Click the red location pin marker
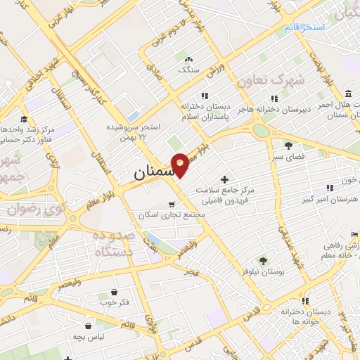click(x=180, y=164)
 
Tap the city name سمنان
click(x=151, y=172)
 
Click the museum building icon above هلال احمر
click(x=349, y=94)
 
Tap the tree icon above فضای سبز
click(x=289, y=146)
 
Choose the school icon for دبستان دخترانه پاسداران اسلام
click(x=205, y=96)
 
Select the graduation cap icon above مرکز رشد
click(x=24, y=119)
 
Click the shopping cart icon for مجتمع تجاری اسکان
click(x=172, y=205)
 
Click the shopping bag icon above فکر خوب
click(x=114, y=291)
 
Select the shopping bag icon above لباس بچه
click(x=88, y=326)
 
